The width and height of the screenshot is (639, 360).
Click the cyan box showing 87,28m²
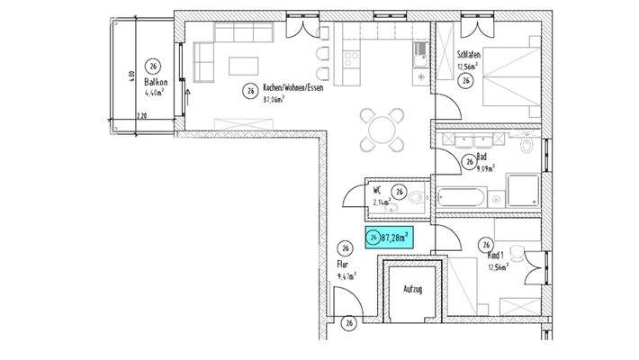389,238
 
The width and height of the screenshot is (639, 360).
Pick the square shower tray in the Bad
521,192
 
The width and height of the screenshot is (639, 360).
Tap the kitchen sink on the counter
420,59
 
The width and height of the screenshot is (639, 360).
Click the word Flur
342,265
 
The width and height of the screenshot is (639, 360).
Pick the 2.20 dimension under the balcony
140,117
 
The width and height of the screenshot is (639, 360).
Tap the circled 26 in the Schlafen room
466,81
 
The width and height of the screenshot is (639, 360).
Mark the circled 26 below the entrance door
347,321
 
